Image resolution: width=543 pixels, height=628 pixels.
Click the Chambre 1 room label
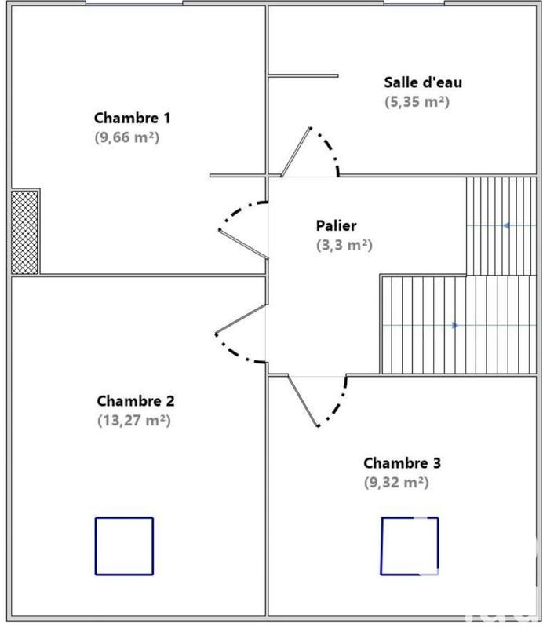[x=133, y=118]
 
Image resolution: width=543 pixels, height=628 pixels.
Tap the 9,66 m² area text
[x=133, y=137]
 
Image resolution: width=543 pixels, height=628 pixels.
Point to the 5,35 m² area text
[x=417, y=100]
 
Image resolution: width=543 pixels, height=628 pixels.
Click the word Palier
[x=337, y=225]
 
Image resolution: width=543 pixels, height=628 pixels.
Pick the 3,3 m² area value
[x=344, y=245]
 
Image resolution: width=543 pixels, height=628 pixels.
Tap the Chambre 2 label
[x=135, y=400]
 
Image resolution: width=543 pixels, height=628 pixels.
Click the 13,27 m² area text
[x=133, y=420]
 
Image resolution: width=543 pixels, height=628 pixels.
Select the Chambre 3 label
[x=403, y=462]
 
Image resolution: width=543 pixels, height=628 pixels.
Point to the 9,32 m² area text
[x=396, y=482]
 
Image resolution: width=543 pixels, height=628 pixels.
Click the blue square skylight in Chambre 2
[x=124, y=546]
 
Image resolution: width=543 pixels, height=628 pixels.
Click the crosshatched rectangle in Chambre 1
[x=25, y=232]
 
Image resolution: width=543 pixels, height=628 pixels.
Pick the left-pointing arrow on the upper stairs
[x=507, y=225]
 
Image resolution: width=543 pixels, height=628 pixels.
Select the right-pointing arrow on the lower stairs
[x=455, y=325]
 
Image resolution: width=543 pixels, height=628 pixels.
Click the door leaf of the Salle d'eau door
[x=297, y=151]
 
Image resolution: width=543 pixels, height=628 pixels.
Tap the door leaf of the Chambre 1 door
[x=243, y=243]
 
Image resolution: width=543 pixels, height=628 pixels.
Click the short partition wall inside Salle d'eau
[x=304, y=76]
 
